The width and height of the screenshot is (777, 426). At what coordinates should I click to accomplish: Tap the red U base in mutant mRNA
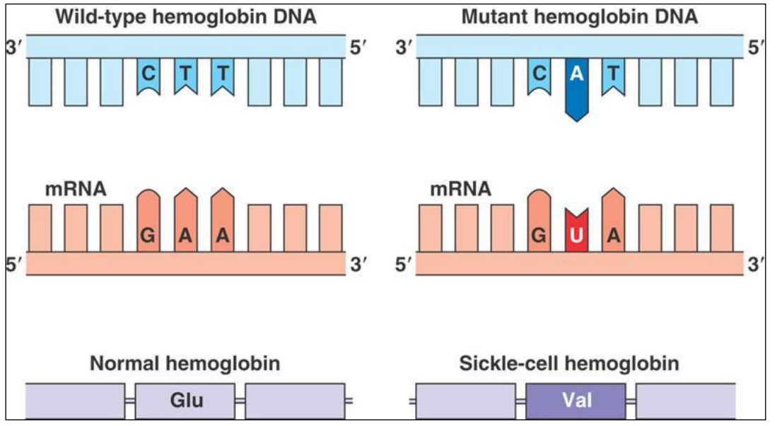coord(577,234)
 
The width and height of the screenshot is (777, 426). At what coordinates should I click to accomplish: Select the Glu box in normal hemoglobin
coord(186,401)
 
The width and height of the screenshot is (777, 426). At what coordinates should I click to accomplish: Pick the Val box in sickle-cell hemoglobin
coord(576,401)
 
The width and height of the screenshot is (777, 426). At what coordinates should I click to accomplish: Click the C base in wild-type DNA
coord(148,74)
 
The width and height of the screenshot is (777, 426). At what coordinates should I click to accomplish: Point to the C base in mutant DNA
coord(539,74)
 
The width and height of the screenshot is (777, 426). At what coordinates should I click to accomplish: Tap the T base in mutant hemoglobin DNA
coord(614,74)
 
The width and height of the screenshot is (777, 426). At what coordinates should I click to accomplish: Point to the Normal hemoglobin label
coord(185,364)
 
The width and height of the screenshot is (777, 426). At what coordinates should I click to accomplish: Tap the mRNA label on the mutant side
coord(460,189)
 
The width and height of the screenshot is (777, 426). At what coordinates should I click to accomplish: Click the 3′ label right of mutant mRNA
coord(756,267)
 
